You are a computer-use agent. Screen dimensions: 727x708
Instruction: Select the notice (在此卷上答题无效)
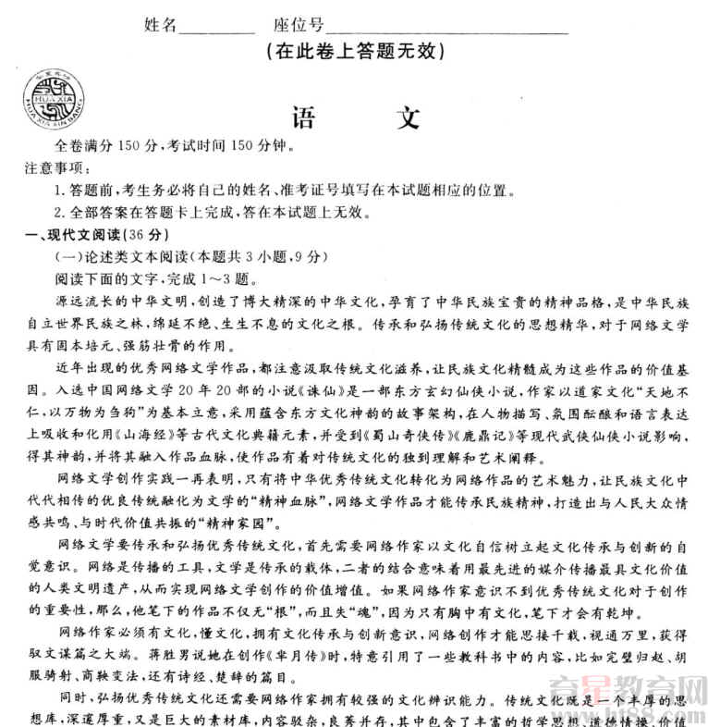(x=355, y=52)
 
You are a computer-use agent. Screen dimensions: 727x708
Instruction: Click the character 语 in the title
(x=303, y=117)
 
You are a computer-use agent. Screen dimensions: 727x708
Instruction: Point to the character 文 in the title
(x=408, y=117)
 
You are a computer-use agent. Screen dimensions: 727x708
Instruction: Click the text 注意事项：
(x=58, y=168)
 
